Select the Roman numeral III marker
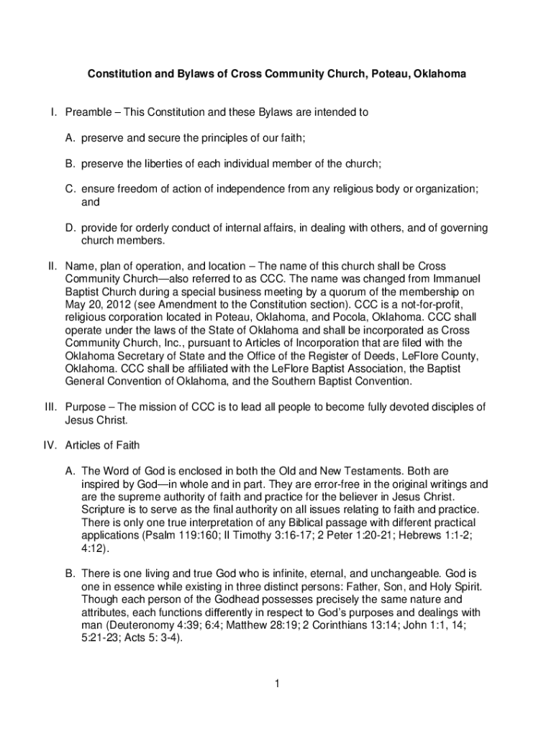tap(49, 407)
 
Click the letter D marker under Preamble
tap(71, 228)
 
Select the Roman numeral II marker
tap(50, 266)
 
